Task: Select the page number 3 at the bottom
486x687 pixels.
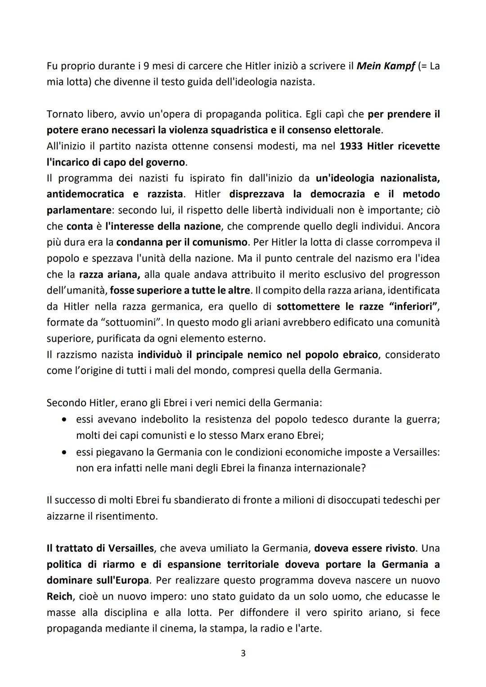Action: [243, 653]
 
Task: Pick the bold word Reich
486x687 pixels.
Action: [59, 597]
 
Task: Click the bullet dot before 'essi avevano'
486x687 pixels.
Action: [65, 419]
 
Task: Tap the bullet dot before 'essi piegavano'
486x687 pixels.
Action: [65, 452]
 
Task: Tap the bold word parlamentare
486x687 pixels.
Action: [79, 210]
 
